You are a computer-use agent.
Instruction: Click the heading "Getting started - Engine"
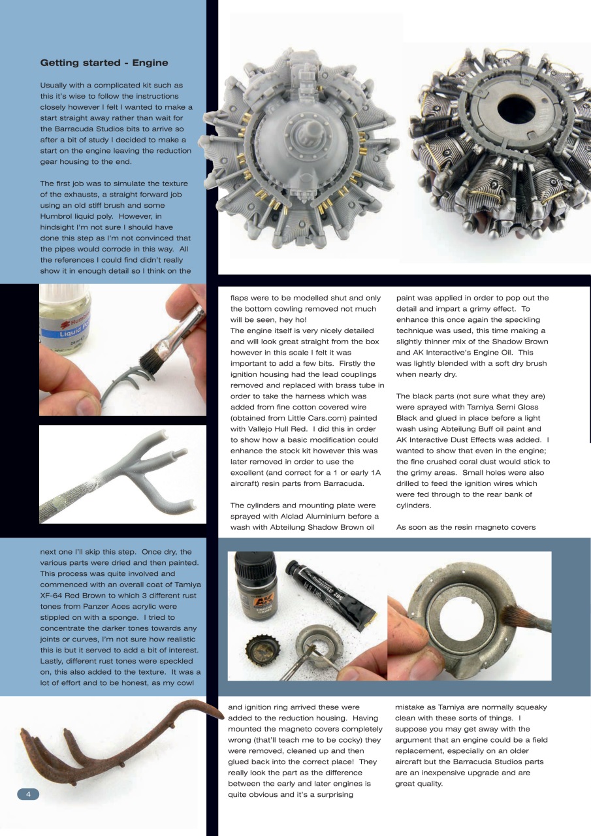[104, 63]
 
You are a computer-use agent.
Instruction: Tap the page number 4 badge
[28, 794]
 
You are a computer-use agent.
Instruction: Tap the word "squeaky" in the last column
[529, 707]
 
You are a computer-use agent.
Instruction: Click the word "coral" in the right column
[473, 462]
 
